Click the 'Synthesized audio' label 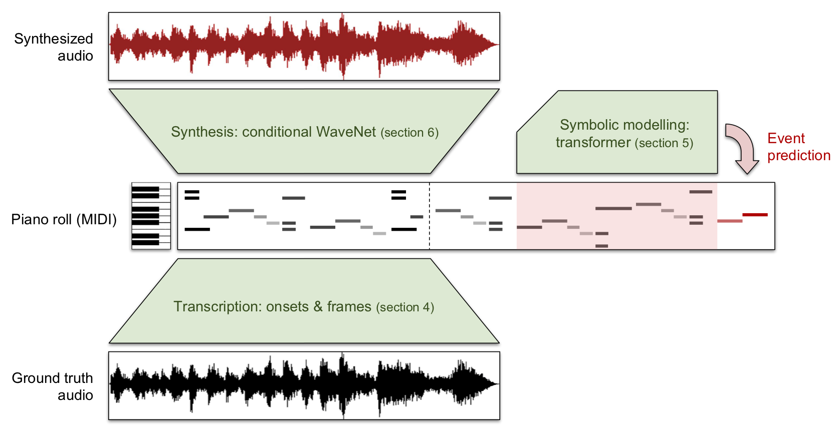click(54, 47)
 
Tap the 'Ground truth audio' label click(53, 386)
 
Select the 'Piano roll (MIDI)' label click(64, 219)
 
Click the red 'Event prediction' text click(798, 147)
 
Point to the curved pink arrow click(743, 148)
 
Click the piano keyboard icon click(151, 216)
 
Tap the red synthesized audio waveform click(304, 46)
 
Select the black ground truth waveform click(304, 385)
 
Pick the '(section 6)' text click(409, 133)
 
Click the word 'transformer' click(593, 143)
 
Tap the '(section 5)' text click(664, 143)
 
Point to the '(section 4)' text click(405, 307)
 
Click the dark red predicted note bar click(755, 215)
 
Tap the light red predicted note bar click(729, 221)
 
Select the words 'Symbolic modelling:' click(624, 125)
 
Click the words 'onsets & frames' click(319, 306)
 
